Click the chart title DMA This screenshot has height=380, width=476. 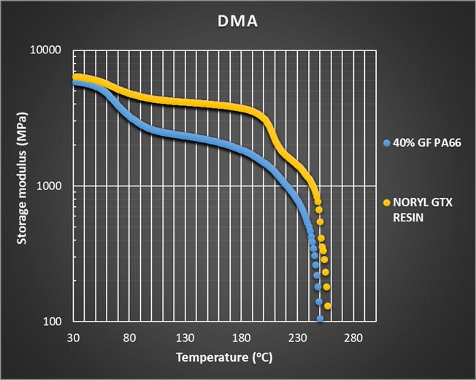click(238, 21)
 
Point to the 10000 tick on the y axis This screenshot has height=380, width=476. click(49, 50)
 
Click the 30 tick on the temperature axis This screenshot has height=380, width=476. click(73, 338)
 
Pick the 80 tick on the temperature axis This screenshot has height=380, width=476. click(129, 338)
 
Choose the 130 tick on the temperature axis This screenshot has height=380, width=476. click(185, 338)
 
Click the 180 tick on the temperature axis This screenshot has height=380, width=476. click(241, 338)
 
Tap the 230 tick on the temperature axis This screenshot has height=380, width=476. click(297, 338)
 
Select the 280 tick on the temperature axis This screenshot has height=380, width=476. click(353, 338)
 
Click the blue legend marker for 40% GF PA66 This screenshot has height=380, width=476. click(386, 143)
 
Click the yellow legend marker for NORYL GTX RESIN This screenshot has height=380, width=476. click(386, 202)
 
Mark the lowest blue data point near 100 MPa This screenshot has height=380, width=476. click(320, 319)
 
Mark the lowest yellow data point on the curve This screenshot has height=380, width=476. click(328, 306)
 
